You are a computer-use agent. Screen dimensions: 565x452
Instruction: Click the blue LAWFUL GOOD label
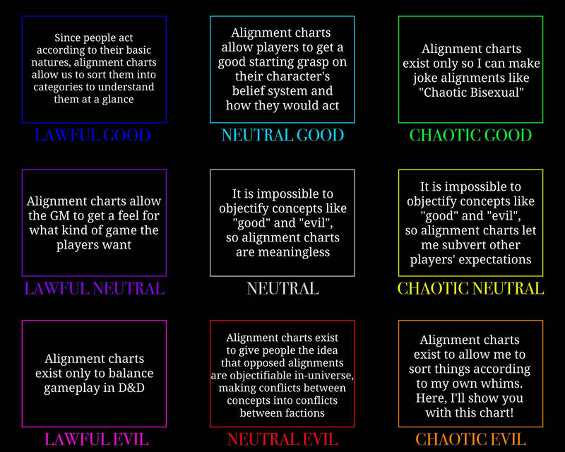[93, 136]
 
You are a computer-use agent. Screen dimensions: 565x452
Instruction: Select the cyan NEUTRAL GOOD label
[282, 136]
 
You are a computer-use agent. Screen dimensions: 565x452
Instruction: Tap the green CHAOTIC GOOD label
[470, 136]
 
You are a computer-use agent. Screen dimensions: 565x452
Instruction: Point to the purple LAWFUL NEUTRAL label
[94, 289]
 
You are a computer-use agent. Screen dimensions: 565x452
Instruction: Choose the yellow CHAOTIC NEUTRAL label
[470, 289]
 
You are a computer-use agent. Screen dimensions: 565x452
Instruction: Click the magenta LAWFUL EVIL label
[96, 439]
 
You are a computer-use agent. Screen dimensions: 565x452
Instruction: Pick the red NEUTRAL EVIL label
[282, 439]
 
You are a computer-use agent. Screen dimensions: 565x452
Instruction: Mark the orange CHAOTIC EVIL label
[470, 439]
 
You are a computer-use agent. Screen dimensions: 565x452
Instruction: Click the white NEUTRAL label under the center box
[282, 289]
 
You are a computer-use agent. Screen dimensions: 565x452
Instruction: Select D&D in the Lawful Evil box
[131, 388]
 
